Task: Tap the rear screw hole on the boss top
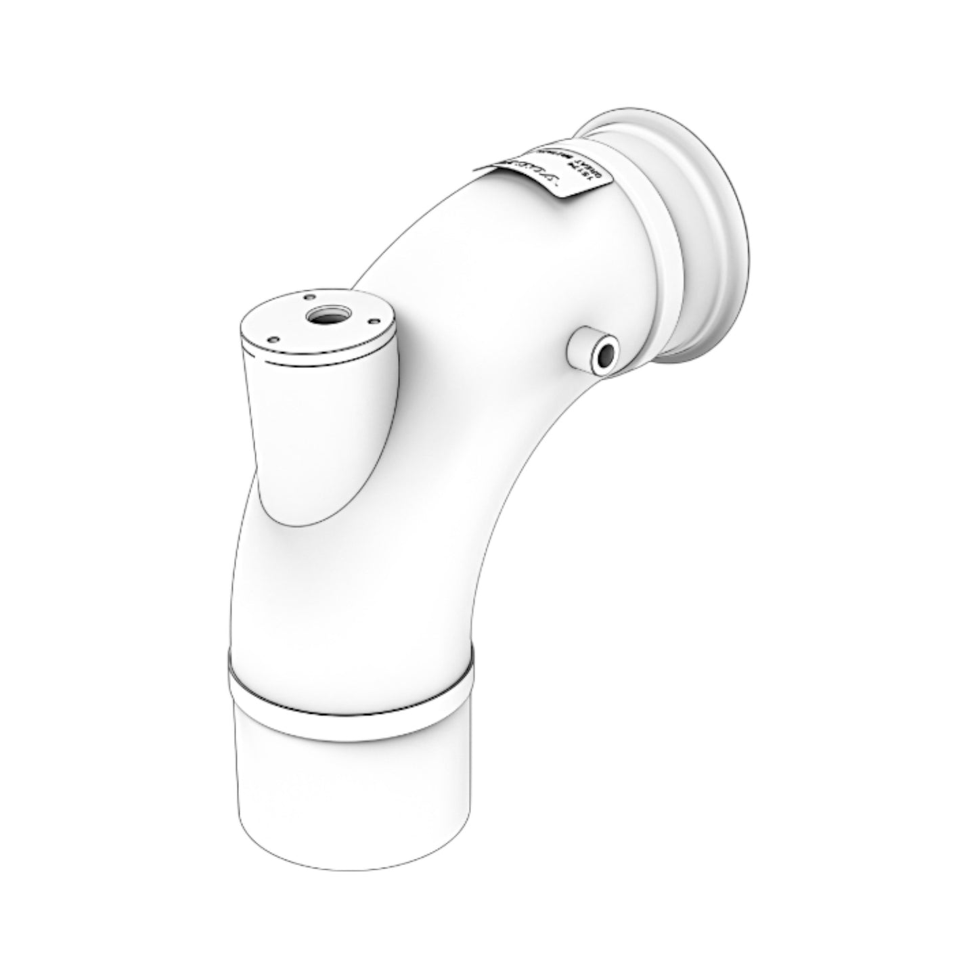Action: [309, 296]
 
